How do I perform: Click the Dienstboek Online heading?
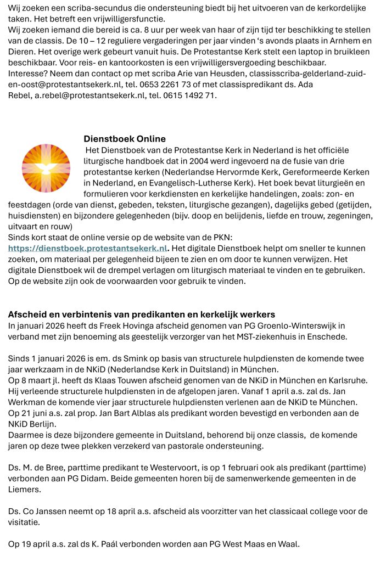point(125,139)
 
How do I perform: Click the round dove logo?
point(46,168)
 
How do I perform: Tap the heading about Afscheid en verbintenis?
point(141,314)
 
